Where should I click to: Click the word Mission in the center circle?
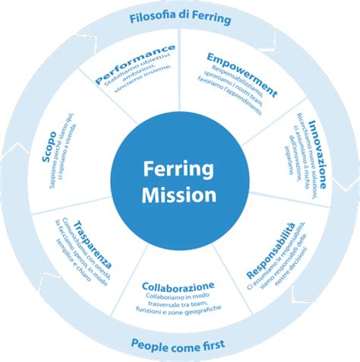tap(179, 195)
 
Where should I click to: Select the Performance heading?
tap(134, 62)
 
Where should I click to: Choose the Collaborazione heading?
tap(178, 286)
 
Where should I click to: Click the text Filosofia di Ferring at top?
tap(179, 15)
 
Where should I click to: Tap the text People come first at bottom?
tap(179, 344)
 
